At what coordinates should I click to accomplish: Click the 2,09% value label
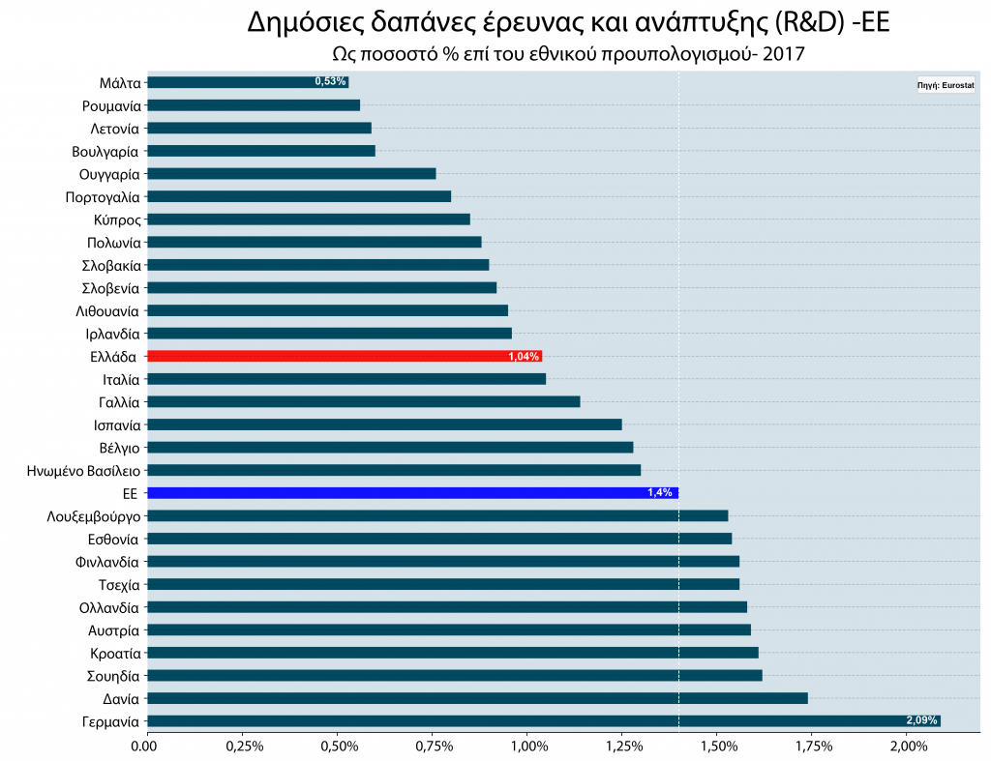pyautogui.click(x=921, y=720)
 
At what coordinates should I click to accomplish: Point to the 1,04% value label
pyautogui.click(x=524, y=357)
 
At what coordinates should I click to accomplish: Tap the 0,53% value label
pyautogui.click(x=330, y=82)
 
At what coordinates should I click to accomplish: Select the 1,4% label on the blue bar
pyautogui.click(x=659, y=493)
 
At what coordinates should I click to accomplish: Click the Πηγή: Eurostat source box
pyautogui.click(x=946, y=85)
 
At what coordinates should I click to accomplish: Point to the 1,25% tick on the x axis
pyautogui.click(x=622, y=746)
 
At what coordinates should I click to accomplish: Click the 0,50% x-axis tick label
pyautogui.click(x=337, y=746)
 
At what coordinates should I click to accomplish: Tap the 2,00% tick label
pyautogui.click(x=907, y=746)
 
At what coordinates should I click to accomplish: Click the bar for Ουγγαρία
pyautogui.click(x=290, y=174)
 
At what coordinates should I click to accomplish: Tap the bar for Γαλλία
pyautogui.click(x=363, y=401)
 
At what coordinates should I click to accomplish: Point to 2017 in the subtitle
pyautogui.click(x=783, y=54)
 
